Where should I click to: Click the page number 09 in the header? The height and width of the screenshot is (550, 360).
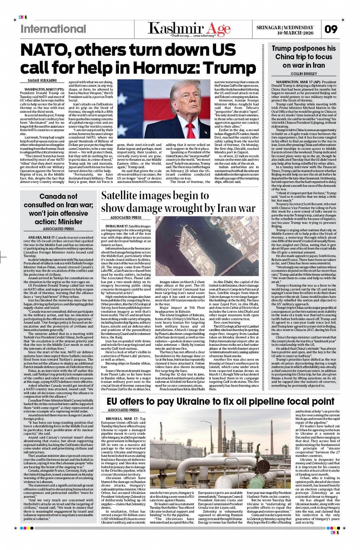coord(331,30)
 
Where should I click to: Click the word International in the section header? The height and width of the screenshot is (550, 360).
coord(53,29)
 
